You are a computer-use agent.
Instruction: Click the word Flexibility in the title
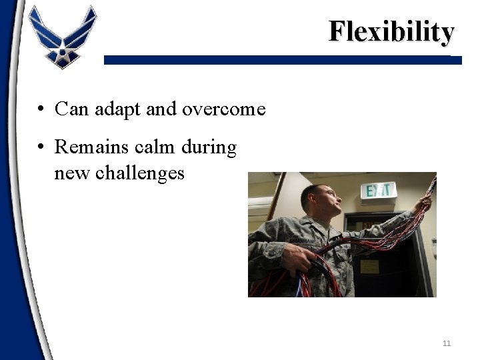(x=391, y=31)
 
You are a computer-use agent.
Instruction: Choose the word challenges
(x=139, y=173)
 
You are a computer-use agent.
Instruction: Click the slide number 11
(x=447, y=343)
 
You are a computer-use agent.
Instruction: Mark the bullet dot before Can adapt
(x=41, y=109)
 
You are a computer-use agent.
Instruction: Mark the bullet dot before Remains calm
(x=41, y=146)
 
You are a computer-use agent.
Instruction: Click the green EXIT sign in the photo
(x=378, y=191)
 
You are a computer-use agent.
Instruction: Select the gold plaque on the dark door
(x=369, y=266)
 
